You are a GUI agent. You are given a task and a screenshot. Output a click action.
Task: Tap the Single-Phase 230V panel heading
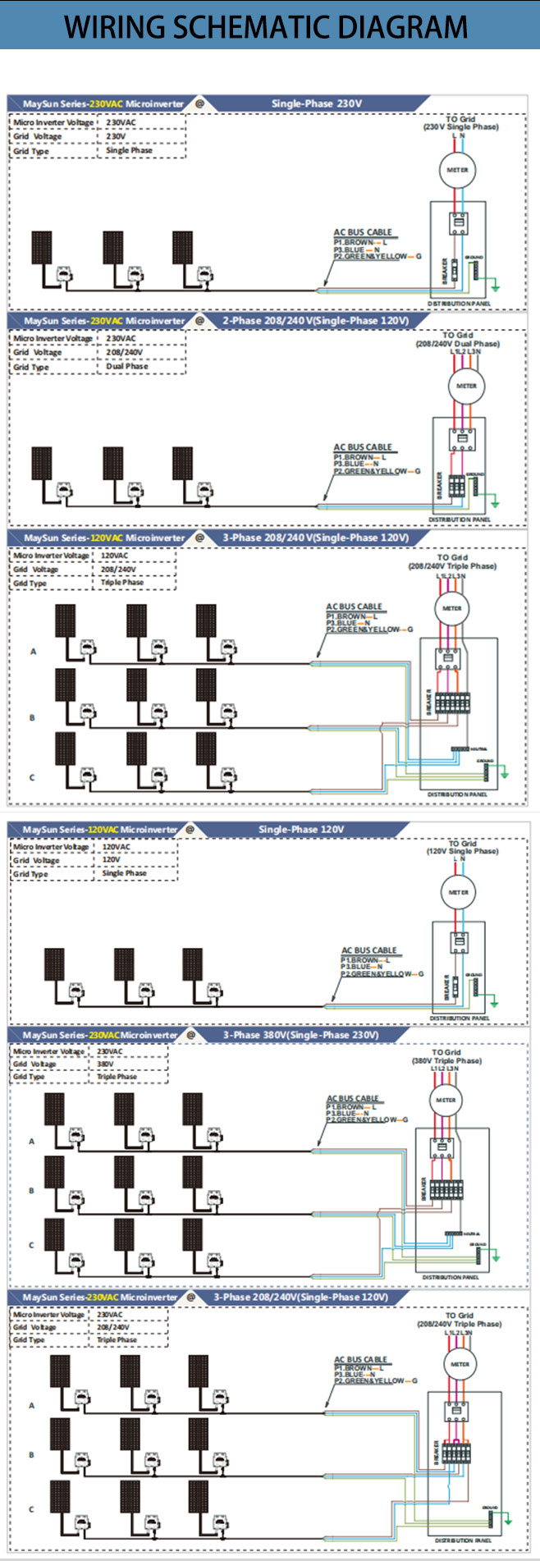click(316, 104)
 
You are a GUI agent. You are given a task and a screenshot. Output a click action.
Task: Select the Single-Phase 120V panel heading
click(301, 830)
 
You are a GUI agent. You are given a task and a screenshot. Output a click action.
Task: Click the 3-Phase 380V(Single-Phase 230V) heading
click(300, 1035)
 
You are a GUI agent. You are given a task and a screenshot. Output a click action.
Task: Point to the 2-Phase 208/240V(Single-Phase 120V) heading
click(315, 321)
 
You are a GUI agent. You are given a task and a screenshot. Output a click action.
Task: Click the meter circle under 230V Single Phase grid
click(457, 170)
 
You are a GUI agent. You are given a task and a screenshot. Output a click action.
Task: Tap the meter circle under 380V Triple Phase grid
click(446, 1100)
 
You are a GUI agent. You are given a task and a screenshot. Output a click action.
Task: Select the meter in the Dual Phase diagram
click(465, 386)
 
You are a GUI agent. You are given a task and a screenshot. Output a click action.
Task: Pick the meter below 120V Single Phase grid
click(458, 892)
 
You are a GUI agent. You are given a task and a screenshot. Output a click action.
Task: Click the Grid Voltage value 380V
click(105, 1064)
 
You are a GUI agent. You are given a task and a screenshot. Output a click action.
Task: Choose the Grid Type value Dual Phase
click(127, 366)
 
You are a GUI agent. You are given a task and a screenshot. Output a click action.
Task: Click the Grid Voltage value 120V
click(111, 859)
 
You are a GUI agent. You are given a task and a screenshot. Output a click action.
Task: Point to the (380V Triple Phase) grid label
click(446, 1061)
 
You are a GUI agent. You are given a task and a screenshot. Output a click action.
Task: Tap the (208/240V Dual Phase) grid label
click(457, 344)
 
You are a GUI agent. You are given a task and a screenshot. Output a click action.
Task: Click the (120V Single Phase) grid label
click(462, 851)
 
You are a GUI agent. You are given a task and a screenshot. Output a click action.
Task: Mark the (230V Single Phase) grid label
click(460, 127)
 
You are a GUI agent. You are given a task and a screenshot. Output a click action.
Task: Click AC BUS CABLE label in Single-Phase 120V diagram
click(368, 950)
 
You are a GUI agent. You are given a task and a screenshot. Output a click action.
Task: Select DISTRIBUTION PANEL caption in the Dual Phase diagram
click(460, 520)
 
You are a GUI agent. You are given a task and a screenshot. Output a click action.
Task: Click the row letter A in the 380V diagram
click(32, 1141)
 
